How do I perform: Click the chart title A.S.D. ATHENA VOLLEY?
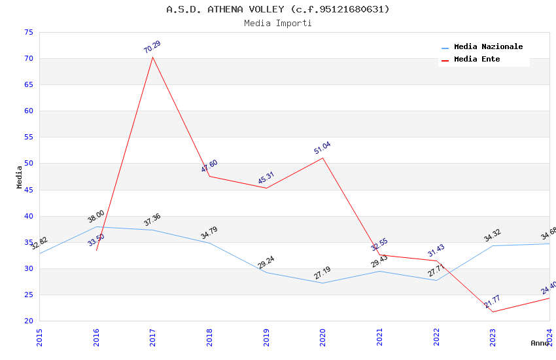(277, 9)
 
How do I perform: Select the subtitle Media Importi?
(277, 24)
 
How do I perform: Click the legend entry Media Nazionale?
(488, 47)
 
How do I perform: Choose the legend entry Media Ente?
(477, 60)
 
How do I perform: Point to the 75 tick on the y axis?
(28, 33)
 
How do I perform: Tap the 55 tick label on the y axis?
(28, 137)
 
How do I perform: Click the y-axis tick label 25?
(28, 295)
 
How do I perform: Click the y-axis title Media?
(20, 177)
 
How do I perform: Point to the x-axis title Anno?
(540, 343)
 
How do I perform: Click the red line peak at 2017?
(152, 57)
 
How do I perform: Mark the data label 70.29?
(152, 46)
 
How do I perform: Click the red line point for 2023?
(493, 312)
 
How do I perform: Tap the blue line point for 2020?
(322, 283)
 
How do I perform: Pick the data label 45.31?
(266, 178)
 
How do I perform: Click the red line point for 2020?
(322, 158)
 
